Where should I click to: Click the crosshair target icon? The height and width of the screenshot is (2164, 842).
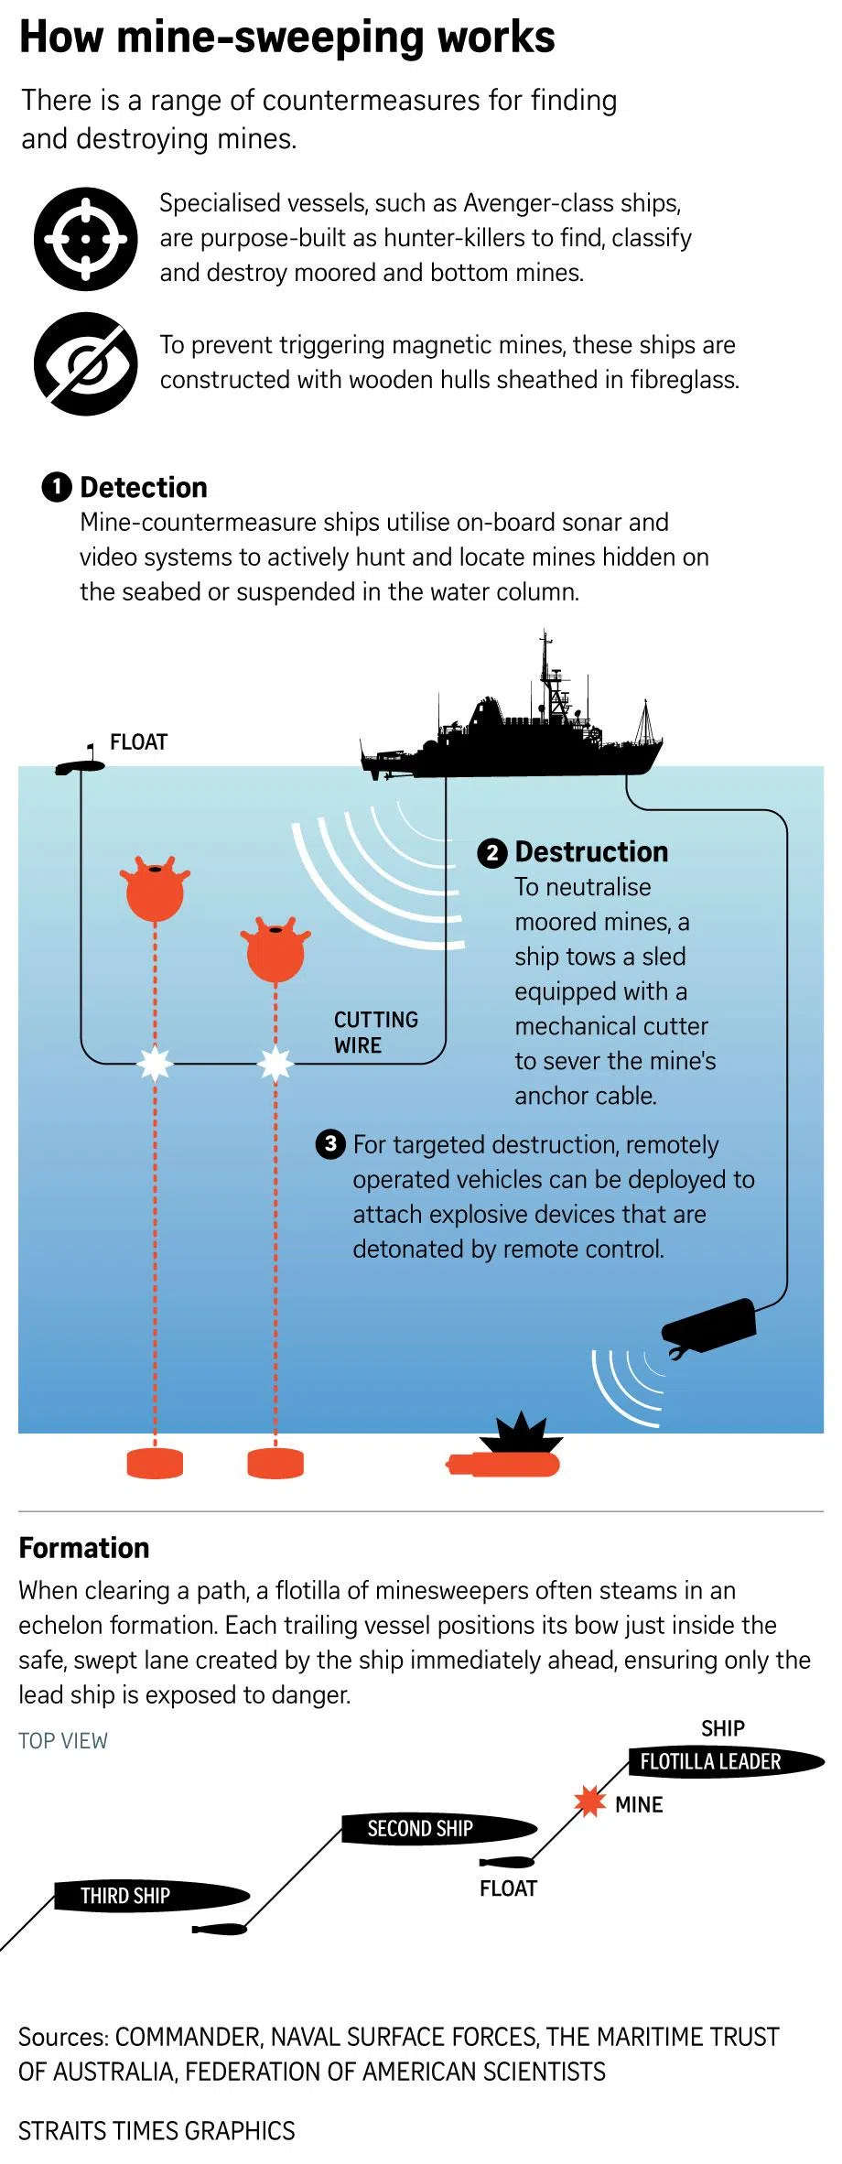click(x=86, y=239)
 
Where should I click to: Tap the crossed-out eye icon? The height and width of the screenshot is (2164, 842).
click(x=86, y=363)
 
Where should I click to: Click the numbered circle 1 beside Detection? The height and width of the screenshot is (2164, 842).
click(x=56, y=487)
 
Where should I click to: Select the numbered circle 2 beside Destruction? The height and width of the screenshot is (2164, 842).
click(x=491, y=852)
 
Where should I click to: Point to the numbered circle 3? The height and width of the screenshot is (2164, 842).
click(x=330, y=1143)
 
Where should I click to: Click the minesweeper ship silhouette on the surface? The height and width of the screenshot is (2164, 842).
click(x=513, y=741)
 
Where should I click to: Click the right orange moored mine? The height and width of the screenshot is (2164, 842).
click(x=275, y=951)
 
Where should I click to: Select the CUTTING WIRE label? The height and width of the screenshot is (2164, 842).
click(x=375, y=1032)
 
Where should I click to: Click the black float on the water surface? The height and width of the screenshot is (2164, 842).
click(x=79, y=765)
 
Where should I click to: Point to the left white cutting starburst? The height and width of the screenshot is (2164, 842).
click(x=155, y=1063)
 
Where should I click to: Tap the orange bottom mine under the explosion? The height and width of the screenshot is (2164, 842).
click(x=503, y=1465)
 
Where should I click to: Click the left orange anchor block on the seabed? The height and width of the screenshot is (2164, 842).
click(x=155, y=1463)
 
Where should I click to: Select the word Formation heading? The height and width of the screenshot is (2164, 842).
click(x=84, y=1548)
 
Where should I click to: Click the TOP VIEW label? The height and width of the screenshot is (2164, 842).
click(x=63, y=1740)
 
